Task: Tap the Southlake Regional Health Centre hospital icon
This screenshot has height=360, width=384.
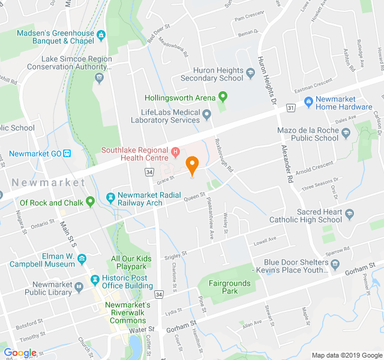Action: tap(175, 150)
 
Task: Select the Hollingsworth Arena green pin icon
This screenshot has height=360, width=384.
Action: tap(223, 96)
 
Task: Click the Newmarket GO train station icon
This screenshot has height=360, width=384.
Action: tap(67, 153)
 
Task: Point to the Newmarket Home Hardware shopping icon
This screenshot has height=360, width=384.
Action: tap(308, 101)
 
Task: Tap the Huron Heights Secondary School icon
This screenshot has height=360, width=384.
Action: tap(251, 73)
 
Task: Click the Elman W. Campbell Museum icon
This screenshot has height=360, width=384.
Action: tap(82, 259)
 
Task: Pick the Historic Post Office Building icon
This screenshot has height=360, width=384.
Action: tap(94, 281)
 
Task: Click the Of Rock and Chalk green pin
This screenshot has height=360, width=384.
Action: tap(90, 202)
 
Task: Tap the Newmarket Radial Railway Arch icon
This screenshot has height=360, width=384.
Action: tap(110, 197)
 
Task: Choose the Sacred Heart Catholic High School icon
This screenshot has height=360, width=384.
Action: tap(349, 213)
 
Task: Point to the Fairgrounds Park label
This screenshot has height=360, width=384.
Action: tap(223, 287)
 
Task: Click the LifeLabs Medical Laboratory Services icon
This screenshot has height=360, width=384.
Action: tap(206, 114)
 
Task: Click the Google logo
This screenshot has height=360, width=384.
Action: tap(20, 353)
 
